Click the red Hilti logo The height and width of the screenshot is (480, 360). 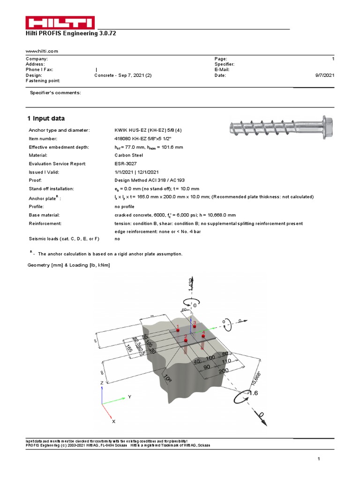[60, 23]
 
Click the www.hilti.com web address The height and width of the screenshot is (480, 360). [42, 51]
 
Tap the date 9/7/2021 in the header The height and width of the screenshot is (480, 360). [325, 75]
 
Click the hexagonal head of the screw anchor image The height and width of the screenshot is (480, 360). [327, 126]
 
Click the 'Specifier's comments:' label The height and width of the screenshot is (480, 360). [55, 93]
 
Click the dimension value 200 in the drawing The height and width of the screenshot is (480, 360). [224, 370]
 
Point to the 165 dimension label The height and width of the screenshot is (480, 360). [128, 348]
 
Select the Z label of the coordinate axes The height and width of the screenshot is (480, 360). [102, 383]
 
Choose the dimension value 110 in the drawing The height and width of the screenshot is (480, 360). [226, 361]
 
